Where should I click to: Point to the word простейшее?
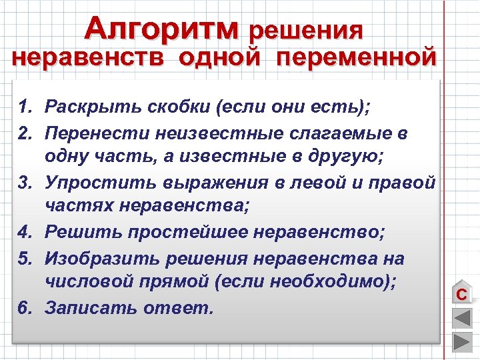(180, 233)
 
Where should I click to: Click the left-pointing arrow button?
(461, 318)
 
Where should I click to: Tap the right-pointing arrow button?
(461, 342)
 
